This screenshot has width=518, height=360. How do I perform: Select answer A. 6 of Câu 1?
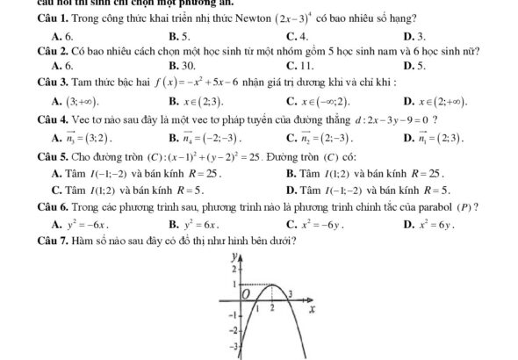[61, 37]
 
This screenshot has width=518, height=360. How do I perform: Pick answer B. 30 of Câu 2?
[182, 66]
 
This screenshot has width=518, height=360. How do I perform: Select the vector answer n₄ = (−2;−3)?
[205, 139]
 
